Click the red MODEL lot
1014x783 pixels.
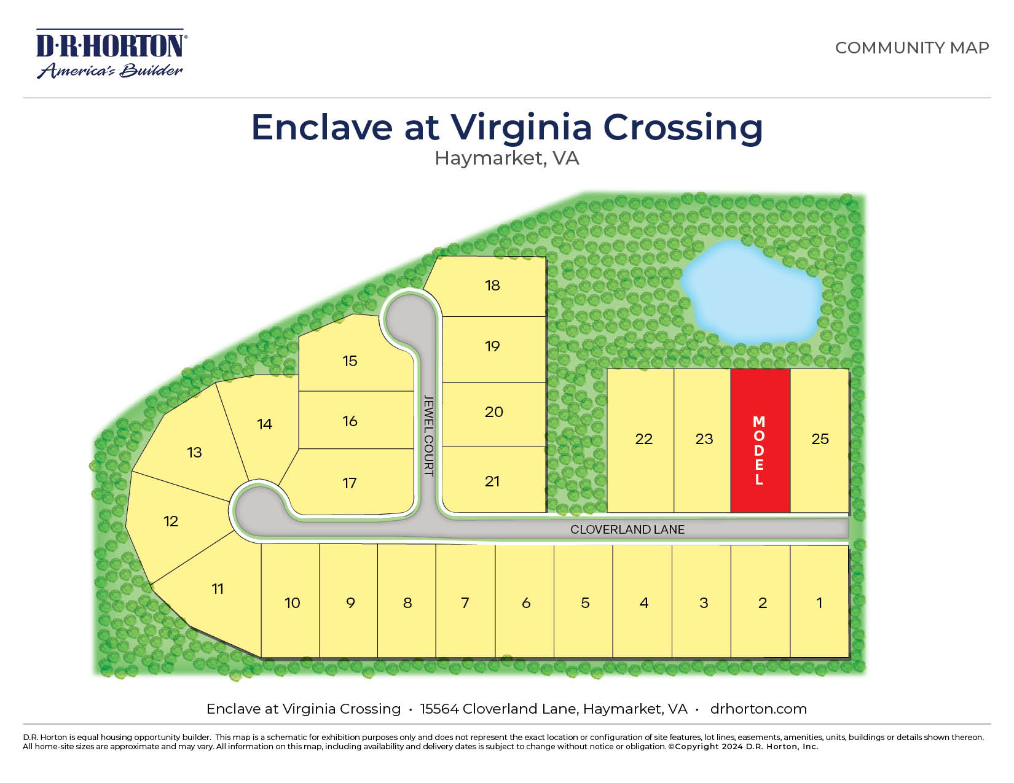pos(760,441)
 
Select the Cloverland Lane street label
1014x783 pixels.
pos(627,529)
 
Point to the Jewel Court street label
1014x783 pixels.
pos(429,435)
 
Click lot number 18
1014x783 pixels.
pos(492,286)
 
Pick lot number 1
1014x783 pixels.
pos(819,603)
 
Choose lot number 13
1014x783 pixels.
pos(194,453)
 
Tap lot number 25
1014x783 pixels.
pos(820,439)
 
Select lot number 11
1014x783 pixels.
pos(218,589)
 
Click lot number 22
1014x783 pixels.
pos(643,439)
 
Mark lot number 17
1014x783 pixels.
pos(350,483)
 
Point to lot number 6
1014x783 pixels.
pos(526,603)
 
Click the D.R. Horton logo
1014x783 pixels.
pos(111,54)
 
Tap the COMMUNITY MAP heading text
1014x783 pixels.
pos(911,48)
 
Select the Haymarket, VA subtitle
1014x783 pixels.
pos(506,158)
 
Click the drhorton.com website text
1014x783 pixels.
pos(758,709)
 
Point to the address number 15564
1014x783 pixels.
pos(439,709)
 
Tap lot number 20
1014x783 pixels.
pos(493,412)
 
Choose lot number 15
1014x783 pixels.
pos(350,361)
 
